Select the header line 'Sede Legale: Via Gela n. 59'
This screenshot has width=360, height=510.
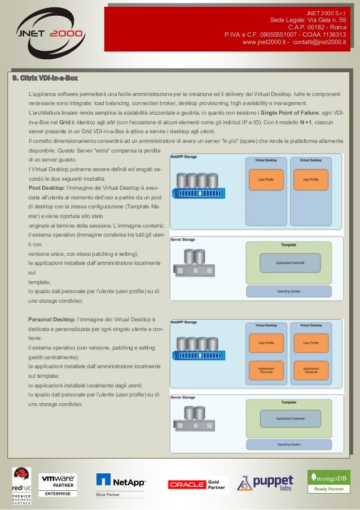tap(308, 19)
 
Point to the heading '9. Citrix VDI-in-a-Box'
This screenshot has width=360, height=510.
tap(45, 77)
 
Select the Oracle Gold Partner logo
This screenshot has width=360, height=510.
tap(197, 484)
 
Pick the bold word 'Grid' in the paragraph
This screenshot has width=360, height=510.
tap(64, 122)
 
